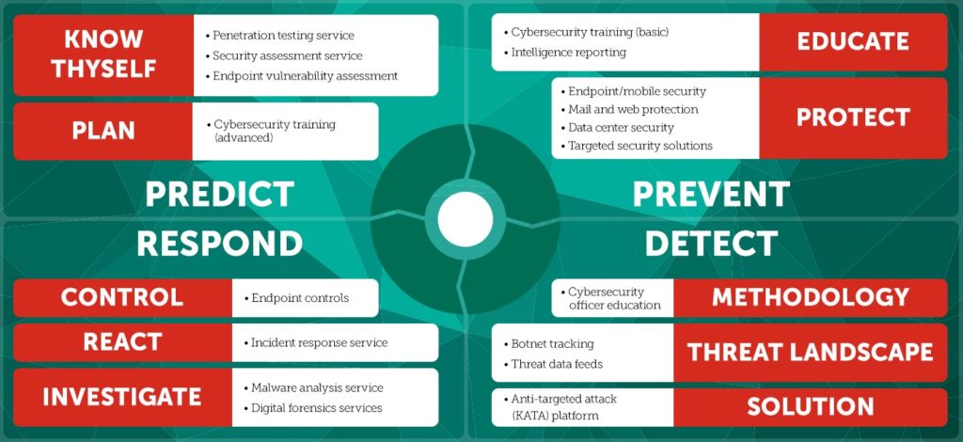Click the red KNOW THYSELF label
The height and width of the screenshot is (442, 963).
(103, 55)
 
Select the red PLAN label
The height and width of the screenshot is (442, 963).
(103, 131)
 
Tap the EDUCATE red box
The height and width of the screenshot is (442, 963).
(853, 42)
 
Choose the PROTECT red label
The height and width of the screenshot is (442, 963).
(853, 118)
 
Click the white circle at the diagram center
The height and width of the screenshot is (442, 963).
(465, 219)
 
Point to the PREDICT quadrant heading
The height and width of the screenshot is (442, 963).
(220, 195)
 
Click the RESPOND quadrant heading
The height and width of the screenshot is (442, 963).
(220, 244)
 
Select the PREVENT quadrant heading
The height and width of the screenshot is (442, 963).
(711, 195)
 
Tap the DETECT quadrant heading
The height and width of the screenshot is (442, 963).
(711, 244)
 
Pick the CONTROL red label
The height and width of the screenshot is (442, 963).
(122, 298)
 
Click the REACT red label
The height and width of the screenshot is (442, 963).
(122, 342)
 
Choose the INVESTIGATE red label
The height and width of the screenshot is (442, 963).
(122, 397)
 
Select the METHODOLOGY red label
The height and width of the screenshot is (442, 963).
(810, 298)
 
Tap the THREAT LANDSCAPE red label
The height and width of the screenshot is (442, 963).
(810, 353)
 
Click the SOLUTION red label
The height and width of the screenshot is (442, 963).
(810, 407)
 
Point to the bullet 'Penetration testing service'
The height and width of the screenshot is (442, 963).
(279, 36)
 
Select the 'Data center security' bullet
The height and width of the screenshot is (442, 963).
(617, 128)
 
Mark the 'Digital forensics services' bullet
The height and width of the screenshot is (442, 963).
(312, 408)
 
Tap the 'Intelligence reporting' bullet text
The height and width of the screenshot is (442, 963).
(564, 52)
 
